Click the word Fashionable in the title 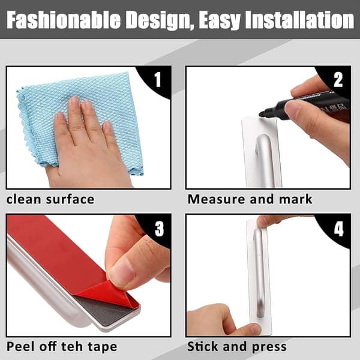pos(64,20)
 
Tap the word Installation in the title pos(299,20)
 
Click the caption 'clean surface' pos(50,199)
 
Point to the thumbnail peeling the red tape pos(122,271)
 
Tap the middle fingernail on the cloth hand pos(74,101)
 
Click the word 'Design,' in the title pos(160,20)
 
